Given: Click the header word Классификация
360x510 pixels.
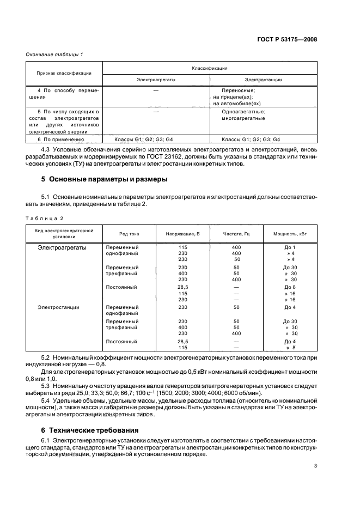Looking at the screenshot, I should pos(209,68).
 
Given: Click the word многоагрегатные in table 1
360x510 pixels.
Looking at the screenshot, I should pos(243,118).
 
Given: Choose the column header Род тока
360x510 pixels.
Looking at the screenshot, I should pos(129,234).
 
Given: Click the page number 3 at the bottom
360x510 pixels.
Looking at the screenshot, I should pos(315,466).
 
